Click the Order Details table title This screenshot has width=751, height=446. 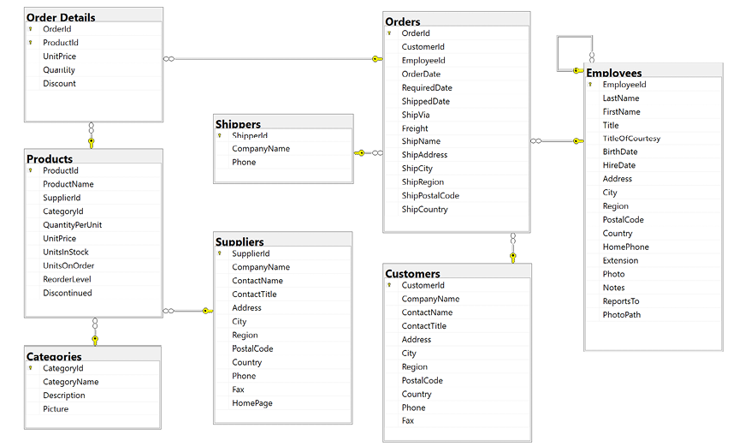pos(61,17)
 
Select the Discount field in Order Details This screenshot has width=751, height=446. pos(59,83)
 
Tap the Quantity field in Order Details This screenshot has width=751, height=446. pos(59,70)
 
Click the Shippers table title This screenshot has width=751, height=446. pos(238,124)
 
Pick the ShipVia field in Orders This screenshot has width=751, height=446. pos(416,115)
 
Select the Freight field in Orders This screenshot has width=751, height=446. pos(415,128)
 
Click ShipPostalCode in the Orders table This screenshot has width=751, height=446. pos(430,196)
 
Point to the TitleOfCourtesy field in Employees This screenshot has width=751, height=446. pos(631,139)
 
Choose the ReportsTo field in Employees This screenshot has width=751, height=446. pos(621,301)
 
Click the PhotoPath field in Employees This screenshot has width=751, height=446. pos(622,315)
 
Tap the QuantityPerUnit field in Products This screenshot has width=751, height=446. pos(73,225)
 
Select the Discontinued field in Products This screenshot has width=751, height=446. pos(68,293)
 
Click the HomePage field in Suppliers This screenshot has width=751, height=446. pos(252,403)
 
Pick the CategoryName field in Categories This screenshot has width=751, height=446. pos(71,382)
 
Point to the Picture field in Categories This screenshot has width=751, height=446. pos(56,409)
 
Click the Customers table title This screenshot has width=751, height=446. pos(412,274)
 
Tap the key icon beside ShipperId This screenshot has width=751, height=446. pos(220,136)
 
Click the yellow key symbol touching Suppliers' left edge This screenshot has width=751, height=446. pos(207,312)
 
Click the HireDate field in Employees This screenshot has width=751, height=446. pos(618,165)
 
